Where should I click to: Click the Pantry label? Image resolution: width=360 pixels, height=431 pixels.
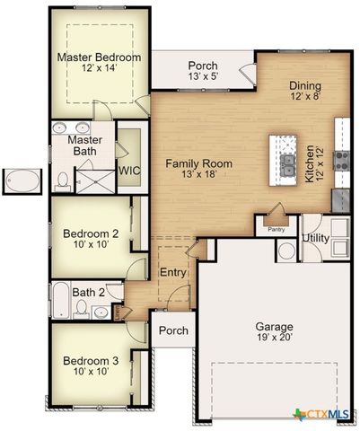tap(277, 229)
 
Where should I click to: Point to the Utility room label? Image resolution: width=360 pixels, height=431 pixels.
tap(315, 239)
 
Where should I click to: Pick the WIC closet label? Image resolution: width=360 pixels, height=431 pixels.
tap(128, 169)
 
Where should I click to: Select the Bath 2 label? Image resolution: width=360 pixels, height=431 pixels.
tap(89, 292)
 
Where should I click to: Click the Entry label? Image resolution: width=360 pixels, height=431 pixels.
tap(172, 272)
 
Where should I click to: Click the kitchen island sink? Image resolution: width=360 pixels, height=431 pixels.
tap(289, 164)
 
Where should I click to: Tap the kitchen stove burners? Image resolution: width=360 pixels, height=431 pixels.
tap(342, 160)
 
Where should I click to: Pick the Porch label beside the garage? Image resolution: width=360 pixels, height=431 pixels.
tap(173, 330)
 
